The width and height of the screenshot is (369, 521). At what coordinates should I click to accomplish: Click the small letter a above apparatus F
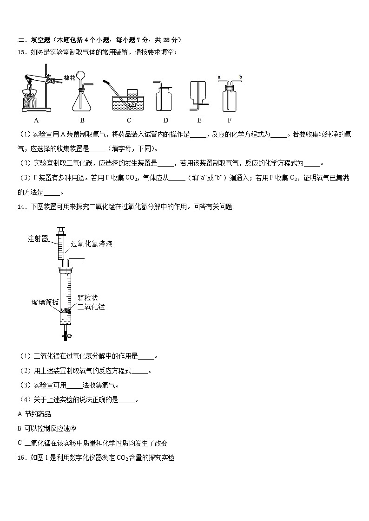(219, 77)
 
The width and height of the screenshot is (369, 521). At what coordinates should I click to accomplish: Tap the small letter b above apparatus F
(241, 77)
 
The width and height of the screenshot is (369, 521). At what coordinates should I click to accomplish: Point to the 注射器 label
(38, 239)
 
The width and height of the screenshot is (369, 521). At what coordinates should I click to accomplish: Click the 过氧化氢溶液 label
(92, 244)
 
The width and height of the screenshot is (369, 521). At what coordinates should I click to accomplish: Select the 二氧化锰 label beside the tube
(91, 307)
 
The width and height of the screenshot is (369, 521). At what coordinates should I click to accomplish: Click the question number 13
(20, 52)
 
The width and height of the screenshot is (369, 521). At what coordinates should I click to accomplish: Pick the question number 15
(20, 457)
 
